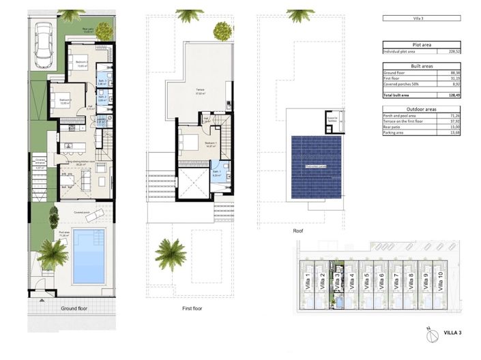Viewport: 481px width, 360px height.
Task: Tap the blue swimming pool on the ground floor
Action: click(x=88, y=255)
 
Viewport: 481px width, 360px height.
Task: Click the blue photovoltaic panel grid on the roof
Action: click(x=316, y=166)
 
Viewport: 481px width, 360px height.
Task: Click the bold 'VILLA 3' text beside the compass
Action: click(x=453, y=332)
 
